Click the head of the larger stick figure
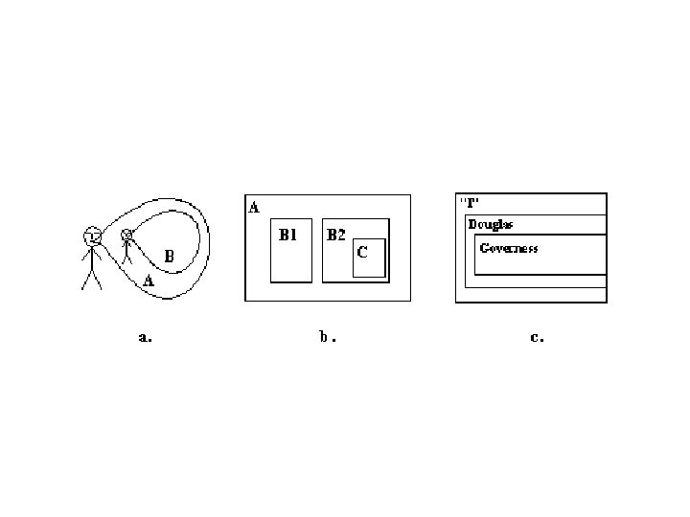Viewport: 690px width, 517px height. tap(92, 235)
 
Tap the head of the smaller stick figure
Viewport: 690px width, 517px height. tap(127, 236)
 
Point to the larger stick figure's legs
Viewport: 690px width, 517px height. tap(92, 279)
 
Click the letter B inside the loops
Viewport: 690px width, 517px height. tap(168, 257)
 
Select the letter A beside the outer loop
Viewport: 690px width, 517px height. tap(148, 281)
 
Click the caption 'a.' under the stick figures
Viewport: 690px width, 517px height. tap(145, 337)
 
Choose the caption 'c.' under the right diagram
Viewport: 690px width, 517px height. tap(537, 337)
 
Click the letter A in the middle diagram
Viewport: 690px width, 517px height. tap(254, 207)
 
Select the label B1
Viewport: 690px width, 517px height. tap(288, 235)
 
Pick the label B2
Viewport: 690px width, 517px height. tap(335, 235)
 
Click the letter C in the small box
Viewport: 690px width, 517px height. tap(362, 253)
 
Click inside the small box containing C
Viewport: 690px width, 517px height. tap(370, 266)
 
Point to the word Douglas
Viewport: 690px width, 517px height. tap(490, 224)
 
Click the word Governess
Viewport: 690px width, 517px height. tap(509, 248)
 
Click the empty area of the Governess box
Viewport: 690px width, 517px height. tap(541, 262)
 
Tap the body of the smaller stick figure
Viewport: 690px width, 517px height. tap(127, 252)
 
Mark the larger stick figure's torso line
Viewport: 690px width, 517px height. tap(92, 256)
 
